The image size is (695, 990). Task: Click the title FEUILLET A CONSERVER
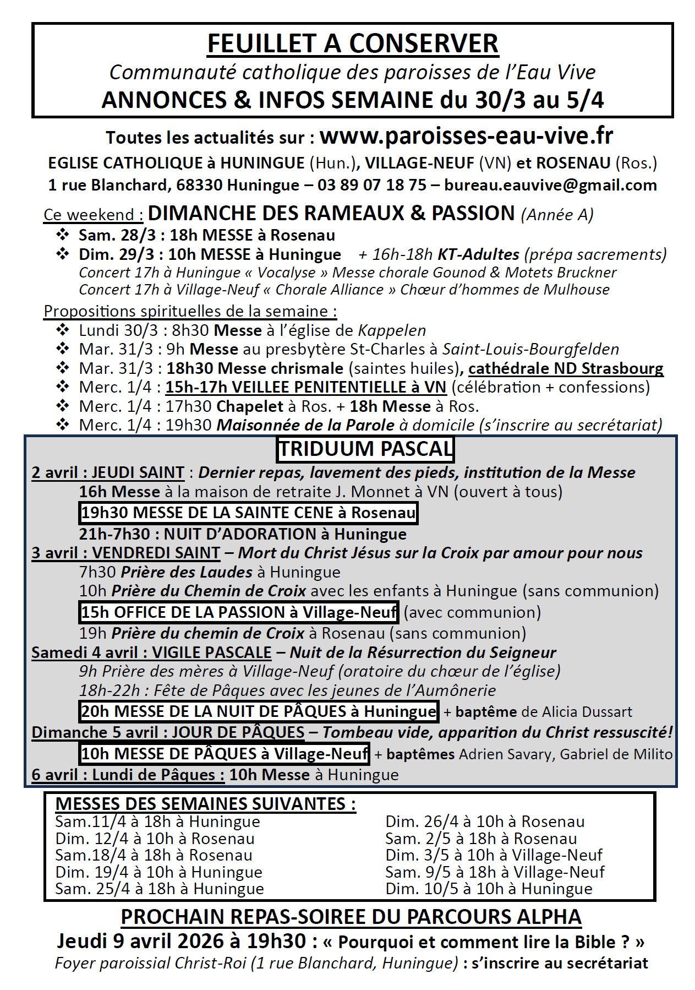pos(353,43)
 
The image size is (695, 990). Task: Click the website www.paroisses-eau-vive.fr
pos(467,135)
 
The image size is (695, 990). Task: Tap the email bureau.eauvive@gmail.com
pos(550,185)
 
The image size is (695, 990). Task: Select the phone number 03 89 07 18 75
pos(371,185)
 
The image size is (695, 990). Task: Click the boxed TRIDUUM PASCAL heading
pos(365,449)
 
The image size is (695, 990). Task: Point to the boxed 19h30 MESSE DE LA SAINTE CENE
pos(248,513)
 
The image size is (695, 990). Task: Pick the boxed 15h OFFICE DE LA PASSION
pos(239,612)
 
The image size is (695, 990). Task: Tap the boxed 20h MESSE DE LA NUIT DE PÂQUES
pos(259,711)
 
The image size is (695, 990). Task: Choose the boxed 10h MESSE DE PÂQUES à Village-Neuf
pos(225,753)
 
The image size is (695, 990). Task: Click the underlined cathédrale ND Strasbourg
pos(566,368)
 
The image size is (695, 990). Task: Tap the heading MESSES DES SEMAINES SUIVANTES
pos(205,804)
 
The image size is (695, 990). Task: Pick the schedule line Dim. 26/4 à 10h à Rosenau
pos(485,822)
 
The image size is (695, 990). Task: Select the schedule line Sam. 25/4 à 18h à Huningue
pos(160,889)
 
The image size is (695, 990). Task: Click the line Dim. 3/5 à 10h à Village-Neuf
pos(494,855)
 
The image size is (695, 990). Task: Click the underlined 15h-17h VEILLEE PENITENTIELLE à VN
pos(306,387)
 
